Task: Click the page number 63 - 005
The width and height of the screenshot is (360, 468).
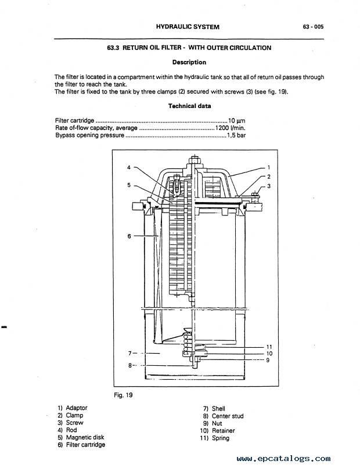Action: (313, 27)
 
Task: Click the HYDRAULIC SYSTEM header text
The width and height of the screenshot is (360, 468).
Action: (188, 27)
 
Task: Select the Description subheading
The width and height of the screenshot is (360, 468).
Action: (189, 62)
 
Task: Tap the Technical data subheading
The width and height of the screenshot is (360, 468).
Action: (189, 106)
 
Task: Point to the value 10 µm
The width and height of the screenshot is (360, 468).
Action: (237, 121)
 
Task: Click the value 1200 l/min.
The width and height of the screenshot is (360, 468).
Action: (230, 128)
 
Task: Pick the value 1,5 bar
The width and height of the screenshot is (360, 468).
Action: (236, 135)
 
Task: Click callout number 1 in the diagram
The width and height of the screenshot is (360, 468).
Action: (269, 167)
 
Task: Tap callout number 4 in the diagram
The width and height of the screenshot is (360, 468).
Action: (129, 167)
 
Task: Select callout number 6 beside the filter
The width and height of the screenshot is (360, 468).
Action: (129, 236)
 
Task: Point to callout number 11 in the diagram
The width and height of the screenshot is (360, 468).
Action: (269, 347)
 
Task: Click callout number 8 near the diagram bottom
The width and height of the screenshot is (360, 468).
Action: (130, 365)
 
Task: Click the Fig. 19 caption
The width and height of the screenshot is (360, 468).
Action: (123, 395)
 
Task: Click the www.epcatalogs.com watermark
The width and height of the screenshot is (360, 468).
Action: (283, 459)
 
